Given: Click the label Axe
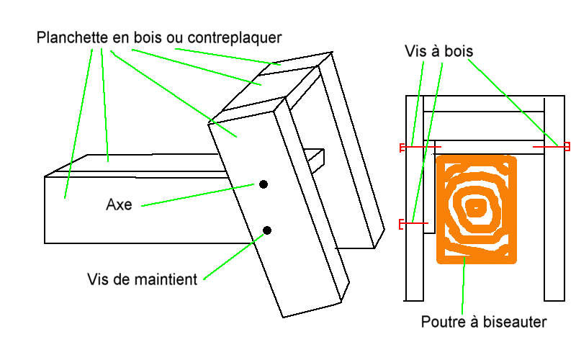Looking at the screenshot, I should click(119, 204).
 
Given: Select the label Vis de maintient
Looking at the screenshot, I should click(142, 279).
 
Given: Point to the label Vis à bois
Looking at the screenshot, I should click(438, 52).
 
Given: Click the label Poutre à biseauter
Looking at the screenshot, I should click(484, 322).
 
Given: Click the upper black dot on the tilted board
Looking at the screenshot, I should click(264, 185).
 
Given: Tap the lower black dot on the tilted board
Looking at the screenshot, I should click(267, 230).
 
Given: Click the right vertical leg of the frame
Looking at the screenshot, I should click(554, 216).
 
